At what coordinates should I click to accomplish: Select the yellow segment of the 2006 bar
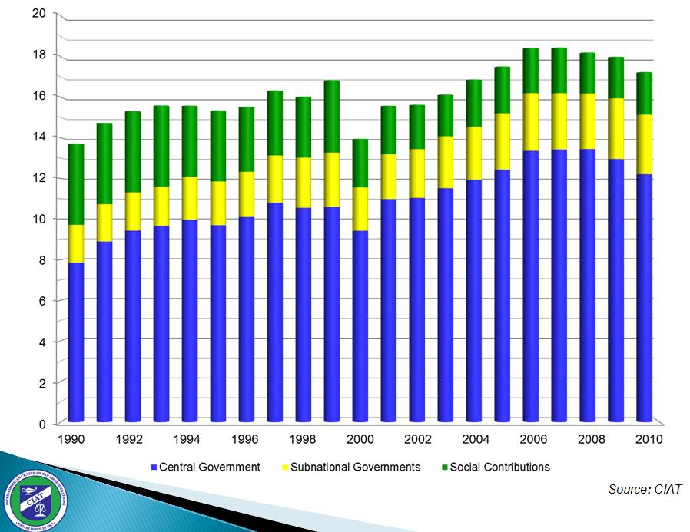pos(530,122)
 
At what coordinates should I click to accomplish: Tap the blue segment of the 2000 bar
pos(360,325)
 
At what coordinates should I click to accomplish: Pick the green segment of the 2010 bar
pos(644,94)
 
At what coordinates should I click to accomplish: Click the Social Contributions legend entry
pos(499,467)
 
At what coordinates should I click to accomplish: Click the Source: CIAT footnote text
pos(644,490)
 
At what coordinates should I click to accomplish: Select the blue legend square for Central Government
pos(154,467)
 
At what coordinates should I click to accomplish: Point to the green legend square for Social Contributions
pos(444,467)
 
